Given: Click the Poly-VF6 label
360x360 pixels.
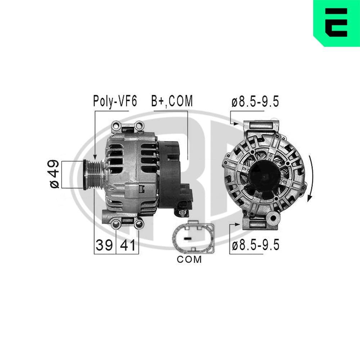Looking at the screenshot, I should point(115,102).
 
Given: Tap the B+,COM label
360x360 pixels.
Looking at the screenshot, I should point(172,102).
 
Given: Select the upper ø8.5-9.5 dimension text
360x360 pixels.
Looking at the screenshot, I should point(255,102).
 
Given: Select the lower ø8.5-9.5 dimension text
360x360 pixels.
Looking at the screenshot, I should point(255,246).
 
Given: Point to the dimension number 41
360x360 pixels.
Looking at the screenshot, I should point(127,246).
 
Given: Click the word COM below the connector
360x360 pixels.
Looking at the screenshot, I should point(189,259).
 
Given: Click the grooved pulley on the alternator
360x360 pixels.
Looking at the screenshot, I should point(94,174).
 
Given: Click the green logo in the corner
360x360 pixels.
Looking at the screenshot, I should point(336,23).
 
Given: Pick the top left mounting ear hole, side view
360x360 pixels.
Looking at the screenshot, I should point(116,126).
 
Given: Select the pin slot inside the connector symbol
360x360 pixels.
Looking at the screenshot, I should point(187,238).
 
